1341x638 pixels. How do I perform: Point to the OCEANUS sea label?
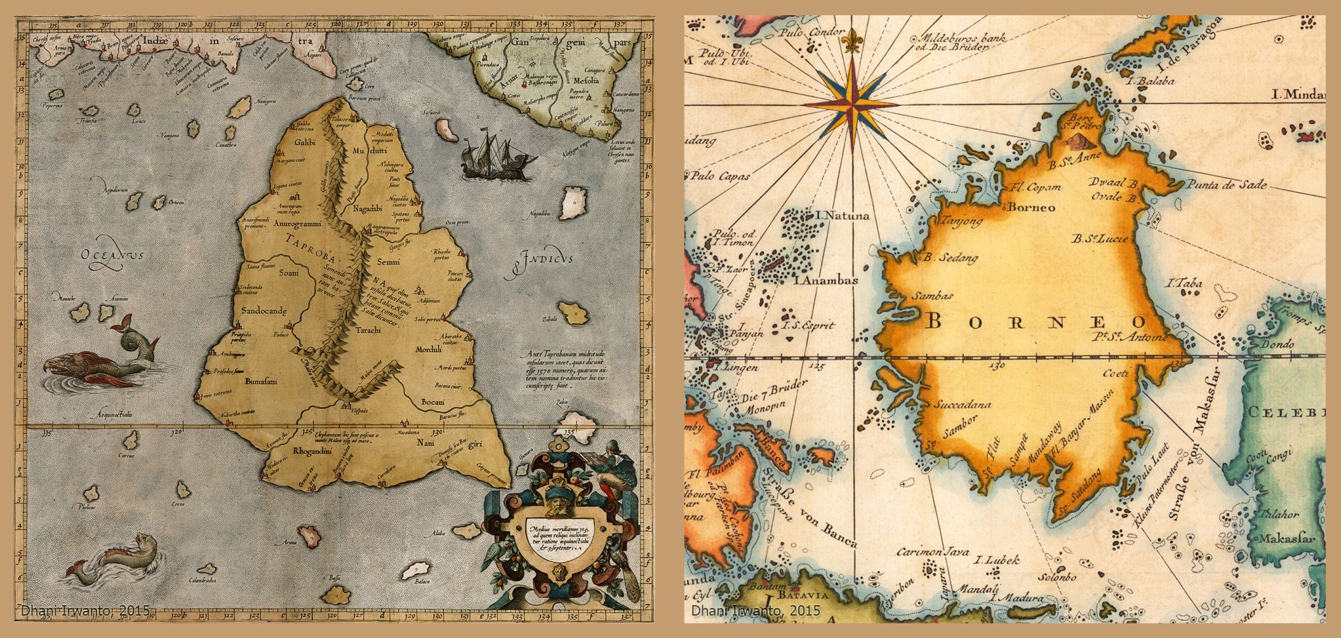112,255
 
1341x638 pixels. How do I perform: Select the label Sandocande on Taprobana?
264,310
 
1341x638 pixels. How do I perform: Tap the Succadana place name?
963,404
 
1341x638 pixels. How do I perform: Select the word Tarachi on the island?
368,330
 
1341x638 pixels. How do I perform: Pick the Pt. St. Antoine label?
1130,337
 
